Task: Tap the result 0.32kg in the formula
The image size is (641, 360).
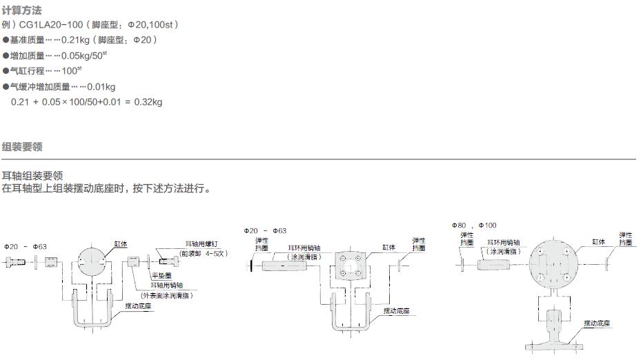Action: click(148, 102)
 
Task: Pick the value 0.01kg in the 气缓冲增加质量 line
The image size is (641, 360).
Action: click(102, 87)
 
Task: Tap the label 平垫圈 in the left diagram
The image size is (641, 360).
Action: click(160, 275)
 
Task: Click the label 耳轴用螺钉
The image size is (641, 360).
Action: click(201, 244)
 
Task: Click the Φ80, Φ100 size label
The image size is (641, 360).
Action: click(475, 226)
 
